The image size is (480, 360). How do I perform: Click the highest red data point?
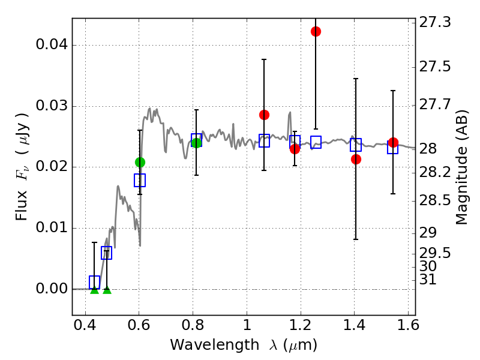(x=316, y=31)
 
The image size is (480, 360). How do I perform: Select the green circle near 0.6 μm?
(x=140, y=162)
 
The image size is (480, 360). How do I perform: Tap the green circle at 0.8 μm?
(x=196, y=143)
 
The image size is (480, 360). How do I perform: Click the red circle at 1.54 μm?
(x=393, y=142)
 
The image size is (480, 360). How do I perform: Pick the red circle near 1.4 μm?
(x=356, y=159)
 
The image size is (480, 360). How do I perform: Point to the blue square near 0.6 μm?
(x=140, y=180)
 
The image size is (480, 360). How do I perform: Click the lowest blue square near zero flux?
(x=94, y=281)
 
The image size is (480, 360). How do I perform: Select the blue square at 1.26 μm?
(x=316, y=142)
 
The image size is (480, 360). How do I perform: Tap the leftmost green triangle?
(x=94, y=290)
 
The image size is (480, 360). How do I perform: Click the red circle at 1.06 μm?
(x=264, y=115)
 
